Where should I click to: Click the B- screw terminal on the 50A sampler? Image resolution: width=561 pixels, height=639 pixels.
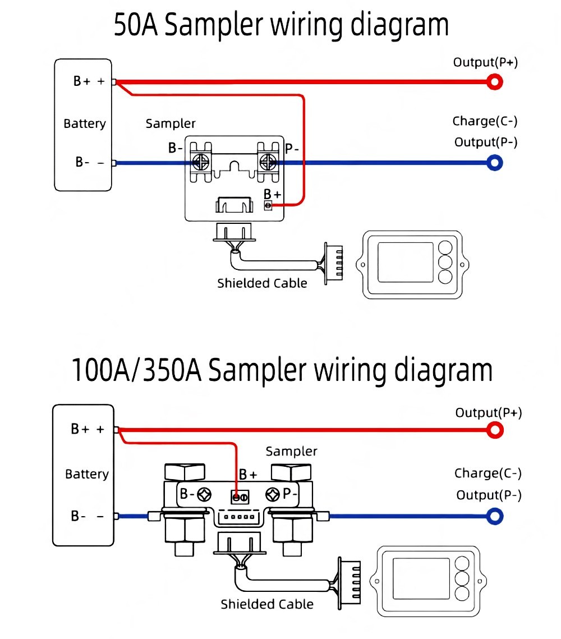pyautogui.click(x=201, y=162)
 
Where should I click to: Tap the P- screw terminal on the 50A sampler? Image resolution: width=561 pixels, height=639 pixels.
pyautogui.click(x=268, y=162)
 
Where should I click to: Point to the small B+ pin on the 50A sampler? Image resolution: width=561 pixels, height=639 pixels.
pyautogui.click(x=268, y=205)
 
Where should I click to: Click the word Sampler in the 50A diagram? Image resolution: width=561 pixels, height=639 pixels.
pyautogui.click(x=171, y=123)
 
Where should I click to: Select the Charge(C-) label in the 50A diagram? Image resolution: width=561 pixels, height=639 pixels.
pyautogui.click(x=485, y=121)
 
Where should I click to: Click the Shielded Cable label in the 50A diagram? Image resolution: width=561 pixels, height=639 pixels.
pyautogui.click(x=262, y=283)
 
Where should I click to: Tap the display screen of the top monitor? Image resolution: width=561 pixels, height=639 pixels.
pyautogui.click(x=406, y=262)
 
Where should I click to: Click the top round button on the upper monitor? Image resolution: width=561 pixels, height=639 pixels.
pyautogui.click(x=445, y=248)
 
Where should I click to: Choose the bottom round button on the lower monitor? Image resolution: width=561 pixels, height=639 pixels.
pyautogui.click(x=462, y=594)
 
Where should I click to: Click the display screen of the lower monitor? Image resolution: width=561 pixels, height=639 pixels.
pyautogui.click(x=421, y=578)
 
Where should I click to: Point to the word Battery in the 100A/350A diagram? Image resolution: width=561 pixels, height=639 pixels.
pyautogui.click(x=87, y=475)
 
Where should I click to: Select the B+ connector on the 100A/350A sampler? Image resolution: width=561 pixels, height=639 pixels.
pyautogui.click(x=240, y=497)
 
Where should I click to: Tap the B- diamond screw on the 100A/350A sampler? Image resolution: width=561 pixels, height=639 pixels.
pyautogui.click(x=204, y=494)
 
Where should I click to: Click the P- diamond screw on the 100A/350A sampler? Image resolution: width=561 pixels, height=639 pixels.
pyautogui.click(x=273, y=494)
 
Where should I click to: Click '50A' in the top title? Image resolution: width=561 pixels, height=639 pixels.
pyautogui.click(x=136, y=25)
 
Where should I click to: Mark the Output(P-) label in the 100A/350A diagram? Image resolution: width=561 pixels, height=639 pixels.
pyautogui.click(x=489, y=495)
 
